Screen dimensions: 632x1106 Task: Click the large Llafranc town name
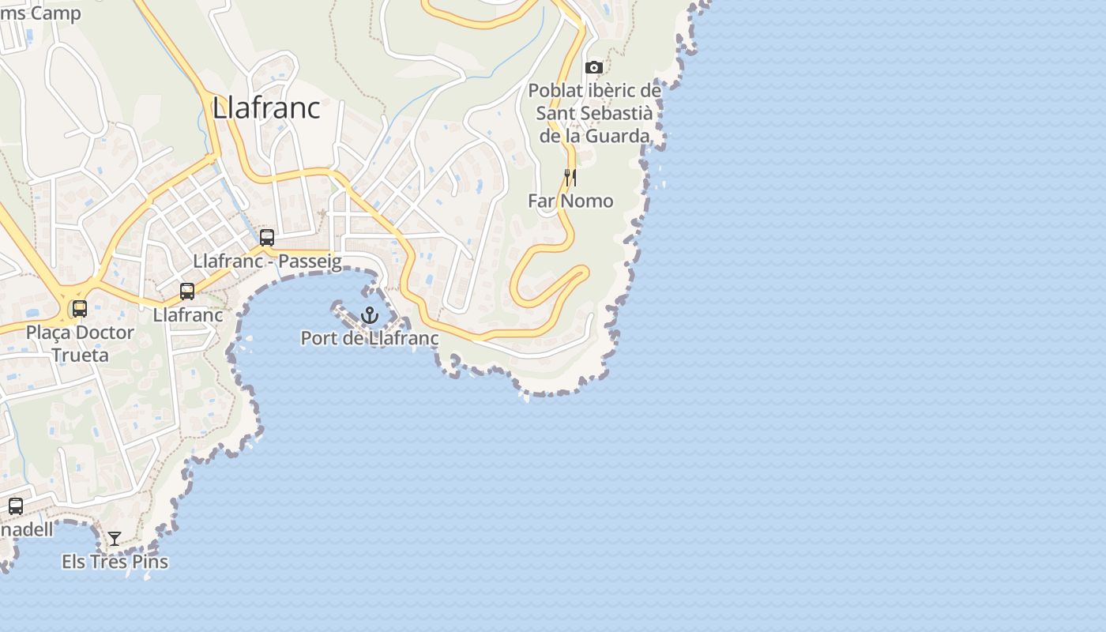[x=266, y=108]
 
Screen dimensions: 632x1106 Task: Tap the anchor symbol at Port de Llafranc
[x=369, y=316]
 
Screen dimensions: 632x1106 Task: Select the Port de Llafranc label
[x=369, y=338]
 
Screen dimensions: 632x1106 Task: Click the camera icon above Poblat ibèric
[x=594, y=68]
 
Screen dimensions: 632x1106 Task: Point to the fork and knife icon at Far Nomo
[x=570, y=178]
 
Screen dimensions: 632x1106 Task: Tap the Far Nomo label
[x=570, y=201]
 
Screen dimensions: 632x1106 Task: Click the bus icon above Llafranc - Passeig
[x=267, y=237]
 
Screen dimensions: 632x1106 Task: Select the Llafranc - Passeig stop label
[x=267, y=261]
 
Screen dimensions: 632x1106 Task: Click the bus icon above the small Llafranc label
[x=187, y=292]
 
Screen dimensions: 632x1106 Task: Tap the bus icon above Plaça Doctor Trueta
[x=80, y=309]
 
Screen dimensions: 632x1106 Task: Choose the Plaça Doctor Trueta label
[x=80, y=343]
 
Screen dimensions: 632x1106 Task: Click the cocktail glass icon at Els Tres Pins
[x=115, y=539]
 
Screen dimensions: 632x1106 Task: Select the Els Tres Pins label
[x=115, y=562]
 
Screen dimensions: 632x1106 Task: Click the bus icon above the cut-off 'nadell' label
[x=16, y=506]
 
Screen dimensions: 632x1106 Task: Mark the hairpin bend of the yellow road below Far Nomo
[x=584, y=273]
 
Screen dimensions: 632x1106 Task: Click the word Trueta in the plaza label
[x=80, y=355]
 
